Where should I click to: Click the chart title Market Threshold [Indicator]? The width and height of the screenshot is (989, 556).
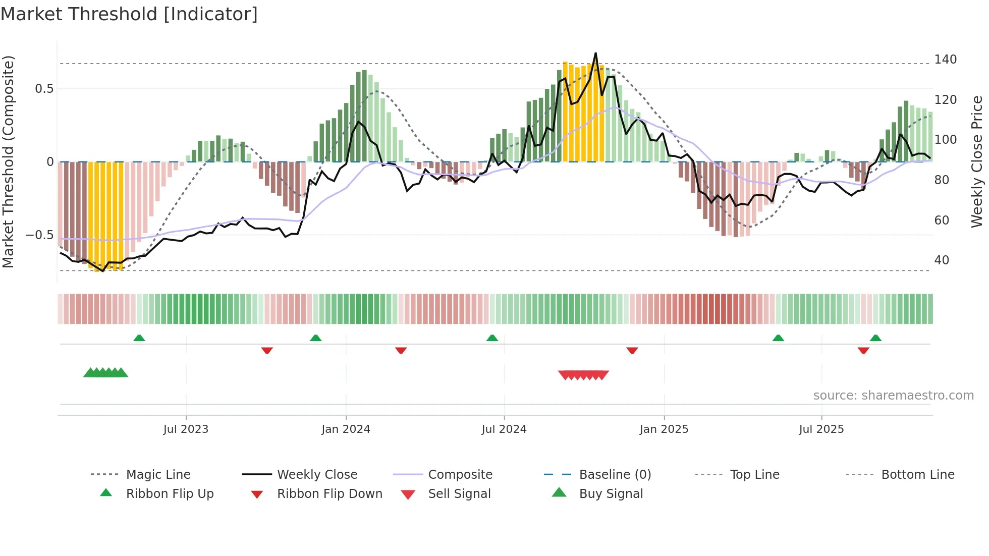[x=129, y=14]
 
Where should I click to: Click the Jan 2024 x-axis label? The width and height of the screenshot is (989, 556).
[x=346, y=429]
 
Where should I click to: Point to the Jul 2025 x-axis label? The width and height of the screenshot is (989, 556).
[x=821, y=429]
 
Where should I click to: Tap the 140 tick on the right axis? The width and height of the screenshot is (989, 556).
[x=945, y=60]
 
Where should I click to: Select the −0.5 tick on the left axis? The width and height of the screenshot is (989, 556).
[x=40, y=235]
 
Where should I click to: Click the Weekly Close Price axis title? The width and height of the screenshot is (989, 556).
[x=977, y=161]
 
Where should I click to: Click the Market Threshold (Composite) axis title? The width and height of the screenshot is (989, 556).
[x=8, y=161]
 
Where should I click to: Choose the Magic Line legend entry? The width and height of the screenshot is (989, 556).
[x=158, y=475]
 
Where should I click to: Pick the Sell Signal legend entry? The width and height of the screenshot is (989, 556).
[x=459, y=494]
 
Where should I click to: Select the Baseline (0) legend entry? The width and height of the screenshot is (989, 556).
[x=615, y=475]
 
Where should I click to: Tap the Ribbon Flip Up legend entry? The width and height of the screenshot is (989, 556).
[x=170, y=494]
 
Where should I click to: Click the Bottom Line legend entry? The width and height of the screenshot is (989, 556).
[x=917, y=475]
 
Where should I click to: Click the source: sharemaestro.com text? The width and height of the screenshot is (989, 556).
[x=893, y=396]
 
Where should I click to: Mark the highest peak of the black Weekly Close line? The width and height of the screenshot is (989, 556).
[x=595, y=53]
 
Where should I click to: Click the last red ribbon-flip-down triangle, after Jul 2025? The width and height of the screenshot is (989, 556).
[x=863, y=350]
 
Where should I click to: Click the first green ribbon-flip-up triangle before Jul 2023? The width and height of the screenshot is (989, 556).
[x=139, y=338]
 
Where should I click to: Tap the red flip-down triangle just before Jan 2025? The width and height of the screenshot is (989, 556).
[x=632, y=350]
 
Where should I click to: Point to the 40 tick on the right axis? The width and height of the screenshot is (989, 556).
[x=942, y=260]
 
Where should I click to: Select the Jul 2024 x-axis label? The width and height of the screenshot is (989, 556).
[x=504, y=429]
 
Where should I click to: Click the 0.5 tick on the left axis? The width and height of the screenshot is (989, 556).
[x=44, y=89]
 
